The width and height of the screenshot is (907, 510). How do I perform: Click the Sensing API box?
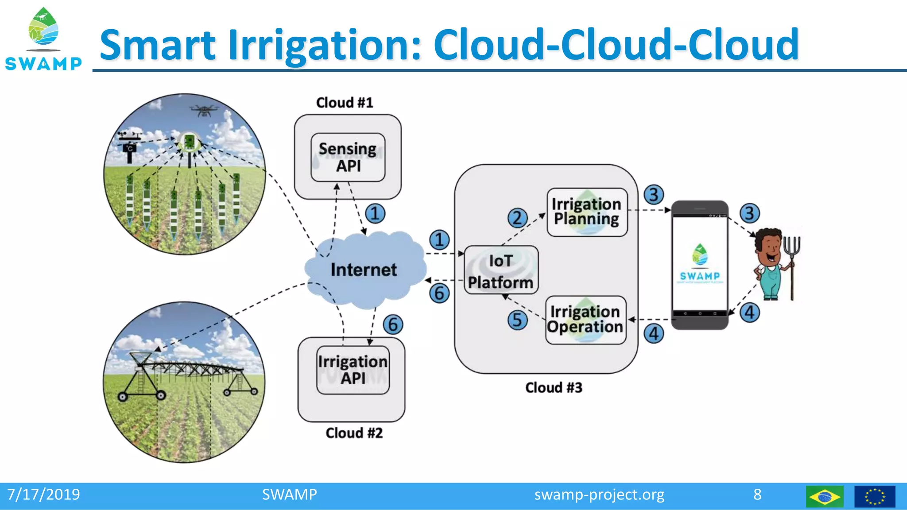(x=348, y=158)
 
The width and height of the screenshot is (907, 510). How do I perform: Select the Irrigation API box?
(x=353, y=370)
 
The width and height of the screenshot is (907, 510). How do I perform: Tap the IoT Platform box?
(x=501, y=270)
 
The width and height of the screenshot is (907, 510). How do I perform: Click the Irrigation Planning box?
(x=587, y=212)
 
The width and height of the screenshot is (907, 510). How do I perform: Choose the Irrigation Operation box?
(x=585, y=320)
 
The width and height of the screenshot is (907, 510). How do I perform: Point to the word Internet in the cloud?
(x=364, y=270)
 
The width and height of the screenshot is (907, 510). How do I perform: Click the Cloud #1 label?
(x=345, y=103)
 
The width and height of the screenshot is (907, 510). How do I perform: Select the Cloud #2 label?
(x=354, y=433)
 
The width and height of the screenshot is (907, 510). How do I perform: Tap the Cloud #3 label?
(x=554, y=388)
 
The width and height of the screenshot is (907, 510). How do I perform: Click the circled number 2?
(x=517, y=218)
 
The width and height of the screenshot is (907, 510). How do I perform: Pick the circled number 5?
(x=517, y=320)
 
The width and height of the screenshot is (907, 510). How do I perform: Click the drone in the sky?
(x=204, y=110)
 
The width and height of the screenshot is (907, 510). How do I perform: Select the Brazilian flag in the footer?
(x=824, y=496)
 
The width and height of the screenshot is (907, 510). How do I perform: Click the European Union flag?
(x=875, y=496)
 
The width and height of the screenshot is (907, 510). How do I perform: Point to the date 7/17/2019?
(x=43, y=495)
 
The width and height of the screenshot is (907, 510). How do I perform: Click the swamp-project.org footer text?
(x=599, y=495)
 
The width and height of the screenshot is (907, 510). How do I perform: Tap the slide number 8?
(x=757, y=495)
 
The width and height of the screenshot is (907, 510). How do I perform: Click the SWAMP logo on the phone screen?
(x=700, y=263)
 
